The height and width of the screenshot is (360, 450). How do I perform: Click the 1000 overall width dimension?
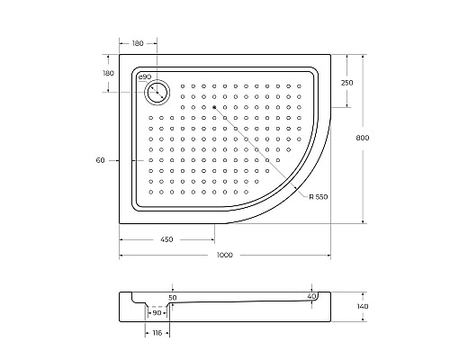tap(225, 255)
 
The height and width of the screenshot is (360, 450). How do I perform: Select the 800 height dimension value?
tap(363, 138)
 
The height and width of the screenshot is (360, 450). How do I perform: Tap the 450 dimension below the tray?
tap(166, 239)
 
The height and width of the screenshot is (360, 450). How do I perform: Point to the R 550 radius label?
tap(319, 197)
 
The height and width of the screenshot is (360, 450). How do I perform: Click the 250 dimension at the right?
tap(347, 83)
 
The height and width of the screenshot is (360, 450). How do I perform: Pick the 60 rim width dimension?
tap(100, 160)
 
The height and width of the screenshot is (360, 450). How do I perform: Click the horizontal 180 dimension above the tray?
tap(138, 43)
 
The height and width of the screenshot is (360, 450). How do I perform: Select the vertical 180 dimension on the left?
tap(108, 73)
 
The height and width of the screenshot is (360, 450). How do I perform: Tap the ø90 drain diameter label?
tap(145, 77)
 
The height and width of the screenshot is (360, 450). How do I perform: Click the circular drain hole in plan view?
tap(157, 93)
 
